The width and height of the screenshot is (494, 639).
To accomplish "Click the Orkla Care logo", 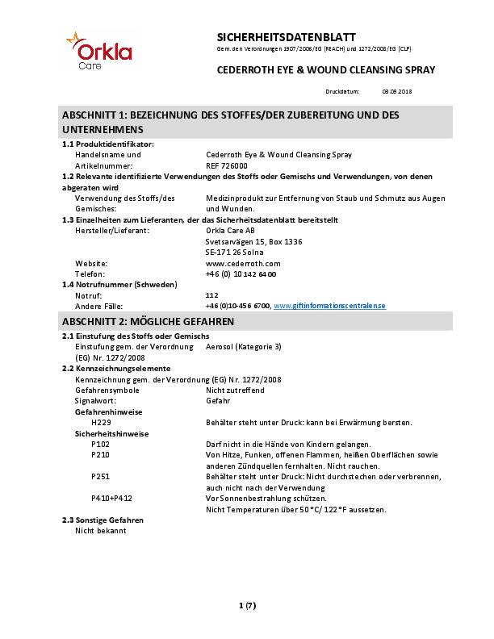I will click(x=99, y=51).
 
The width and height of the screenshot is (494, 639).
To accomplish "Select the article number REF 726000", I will click(x=228, y=165).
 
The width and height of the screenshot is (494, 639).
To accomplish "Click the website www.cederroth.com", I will click(x=243, y=263).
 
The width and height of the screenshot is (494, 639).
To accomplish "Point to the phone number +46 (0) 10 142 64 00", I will click(x=241, y=274).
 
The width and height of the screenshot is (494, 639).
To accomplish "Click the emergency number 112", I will click(x=212, y=295).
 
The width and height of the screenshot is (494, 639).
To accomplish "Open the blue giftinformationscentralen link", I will click(x=330, y=307).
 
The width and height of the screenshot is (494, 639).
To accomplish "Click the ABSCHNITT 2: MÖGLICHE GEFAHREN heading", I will click(x=148, y=321).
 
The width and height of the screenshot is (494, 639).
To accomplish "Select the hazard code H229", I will click(x=101, y=422).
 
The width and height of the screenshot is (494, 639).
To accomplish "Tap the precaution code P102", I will click(x=101, y=444).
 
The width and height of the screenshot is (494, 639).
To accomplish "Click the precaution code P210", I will click(x=101, y=455).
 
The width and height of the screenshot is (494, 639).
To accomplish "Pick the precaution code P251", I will click(x=101, y=477).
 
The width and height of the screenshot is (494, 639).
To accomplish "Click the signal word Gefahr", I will click(x=219, y=400).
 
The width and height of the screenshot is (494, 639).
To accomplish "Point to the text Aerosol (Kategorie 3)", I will click(x=244, y=345).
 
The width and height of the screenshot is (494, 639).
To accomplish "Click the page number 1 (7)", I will click(x=247, y=605).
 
